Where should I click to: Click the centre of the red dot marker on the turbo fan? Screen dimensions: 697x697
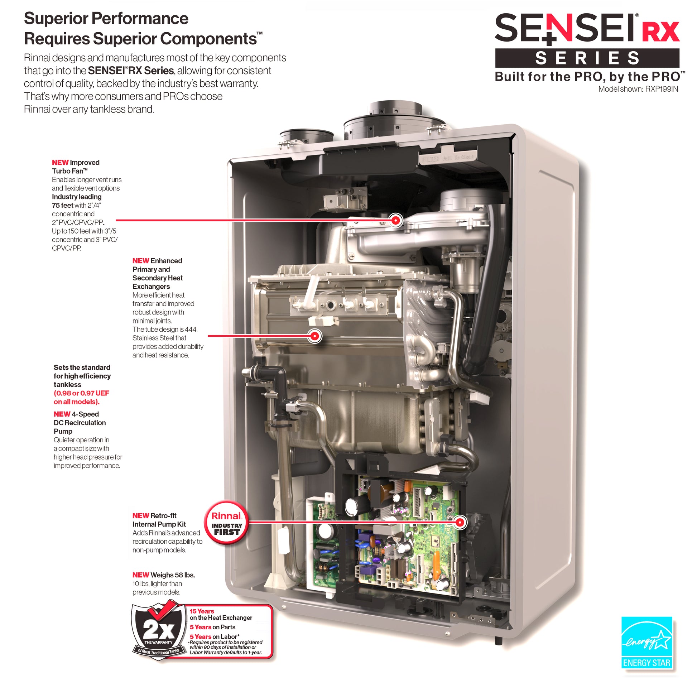pos(396,220)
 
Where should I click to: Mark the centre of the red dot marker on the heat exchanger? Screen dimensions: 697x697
pos(315,336)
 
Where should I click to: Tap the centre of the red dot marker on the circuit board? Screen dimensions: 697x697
pos(460,522)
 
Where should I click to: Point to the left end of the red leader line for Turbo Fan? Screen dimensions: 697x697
pos(116,220)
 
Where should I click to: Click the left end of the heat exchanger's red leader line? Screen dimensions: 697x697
pos(208,336)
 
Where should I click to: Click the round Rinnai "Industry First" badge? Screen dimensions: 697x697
pos(227,522)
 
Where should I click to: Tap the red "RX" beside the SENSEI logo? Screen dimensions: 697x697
pos(661,32)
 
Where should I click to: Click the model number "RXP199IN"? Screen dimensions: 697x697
pos(662,89)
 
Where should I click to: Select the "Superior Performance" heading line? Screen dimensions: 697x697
pos(106,18)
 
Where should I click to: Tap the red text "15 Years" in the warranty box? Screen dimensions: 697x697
pos(202,611)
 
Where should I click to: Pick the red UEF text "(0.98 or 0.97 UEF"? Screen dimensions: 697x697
pos(82,393)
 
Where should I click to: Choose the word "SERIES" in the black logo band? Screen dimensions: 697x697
pos(587,58)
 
